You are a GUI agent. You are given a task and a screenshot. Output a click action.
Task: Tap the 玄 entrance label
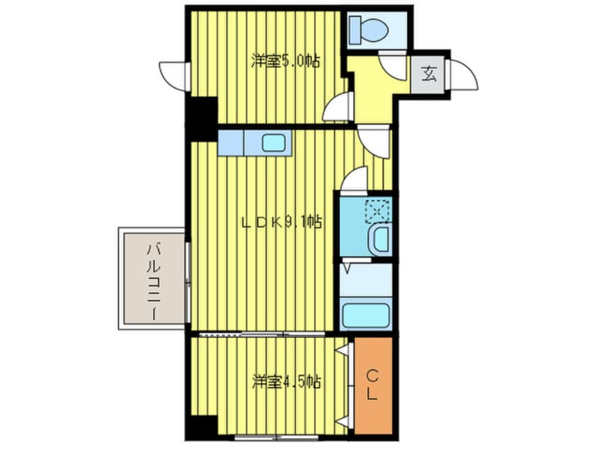click(429, 72)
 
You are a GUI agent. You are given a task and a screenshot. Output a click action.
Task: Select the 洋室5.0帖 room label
click(285, 61)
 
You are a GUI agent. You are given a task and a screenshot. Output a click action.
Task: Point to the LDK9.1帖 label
click(281, 222)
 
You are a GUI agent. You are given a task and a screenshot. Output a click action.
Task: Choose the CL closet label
click(372, 386)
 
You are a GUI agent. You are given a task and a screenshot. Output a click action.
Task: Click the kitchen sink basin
click(273, 142)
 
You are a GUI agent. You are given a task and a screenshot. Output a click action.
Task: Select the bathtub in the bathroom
click(365, 313)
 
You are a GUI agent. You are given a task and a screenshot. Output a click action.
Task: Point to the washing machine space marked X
click(377, 210)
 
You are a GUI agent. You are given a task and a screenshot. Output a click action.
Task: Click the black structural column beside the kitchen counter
click(202, 116)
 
